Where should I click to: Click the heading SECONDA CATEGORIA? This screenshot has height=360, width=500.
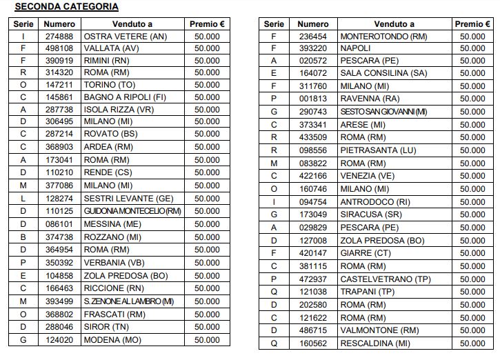click(x=66, y=7)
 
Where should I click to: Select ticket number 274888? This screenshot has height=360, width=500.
click(x=59, y=36)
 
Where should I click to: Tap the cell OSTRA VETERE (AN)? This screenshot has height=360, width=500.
click(x=125, y=36)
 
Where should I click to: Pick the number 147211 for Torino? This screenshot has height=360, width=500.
click(x=59, y=85)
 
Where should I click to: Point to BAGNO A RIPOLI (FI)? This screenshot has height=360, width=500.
click(x=125, y=97)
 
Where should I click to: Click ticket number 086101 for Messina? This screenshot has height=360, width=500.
click(x=59, y=223)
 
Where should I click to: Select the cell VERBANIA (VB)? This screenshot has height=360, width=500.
click(x=114, y=263)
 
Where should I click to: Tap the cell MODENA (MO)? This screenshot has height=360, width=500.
click(x=112, y=340)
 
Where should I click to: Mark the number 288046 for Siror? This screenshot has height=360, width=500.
click(x=59, y=327)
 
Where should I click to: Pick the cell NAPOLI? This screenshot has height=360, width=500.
click(x=355, y=48)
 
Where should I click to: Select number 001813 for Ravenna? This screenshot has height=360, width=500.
click(x=313, y=99)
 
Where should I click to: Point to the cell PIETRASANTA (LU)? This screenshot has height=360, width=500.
click(x=378, y=150)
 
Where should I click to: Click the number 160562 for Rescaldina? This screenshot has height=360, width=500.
click(x=313, y=343)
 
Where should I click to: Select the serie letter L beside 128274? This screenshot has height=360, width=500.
click(x=23, y=198)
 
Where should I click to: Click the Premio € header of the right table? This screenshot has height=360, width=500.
click(x=472, y=23)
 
